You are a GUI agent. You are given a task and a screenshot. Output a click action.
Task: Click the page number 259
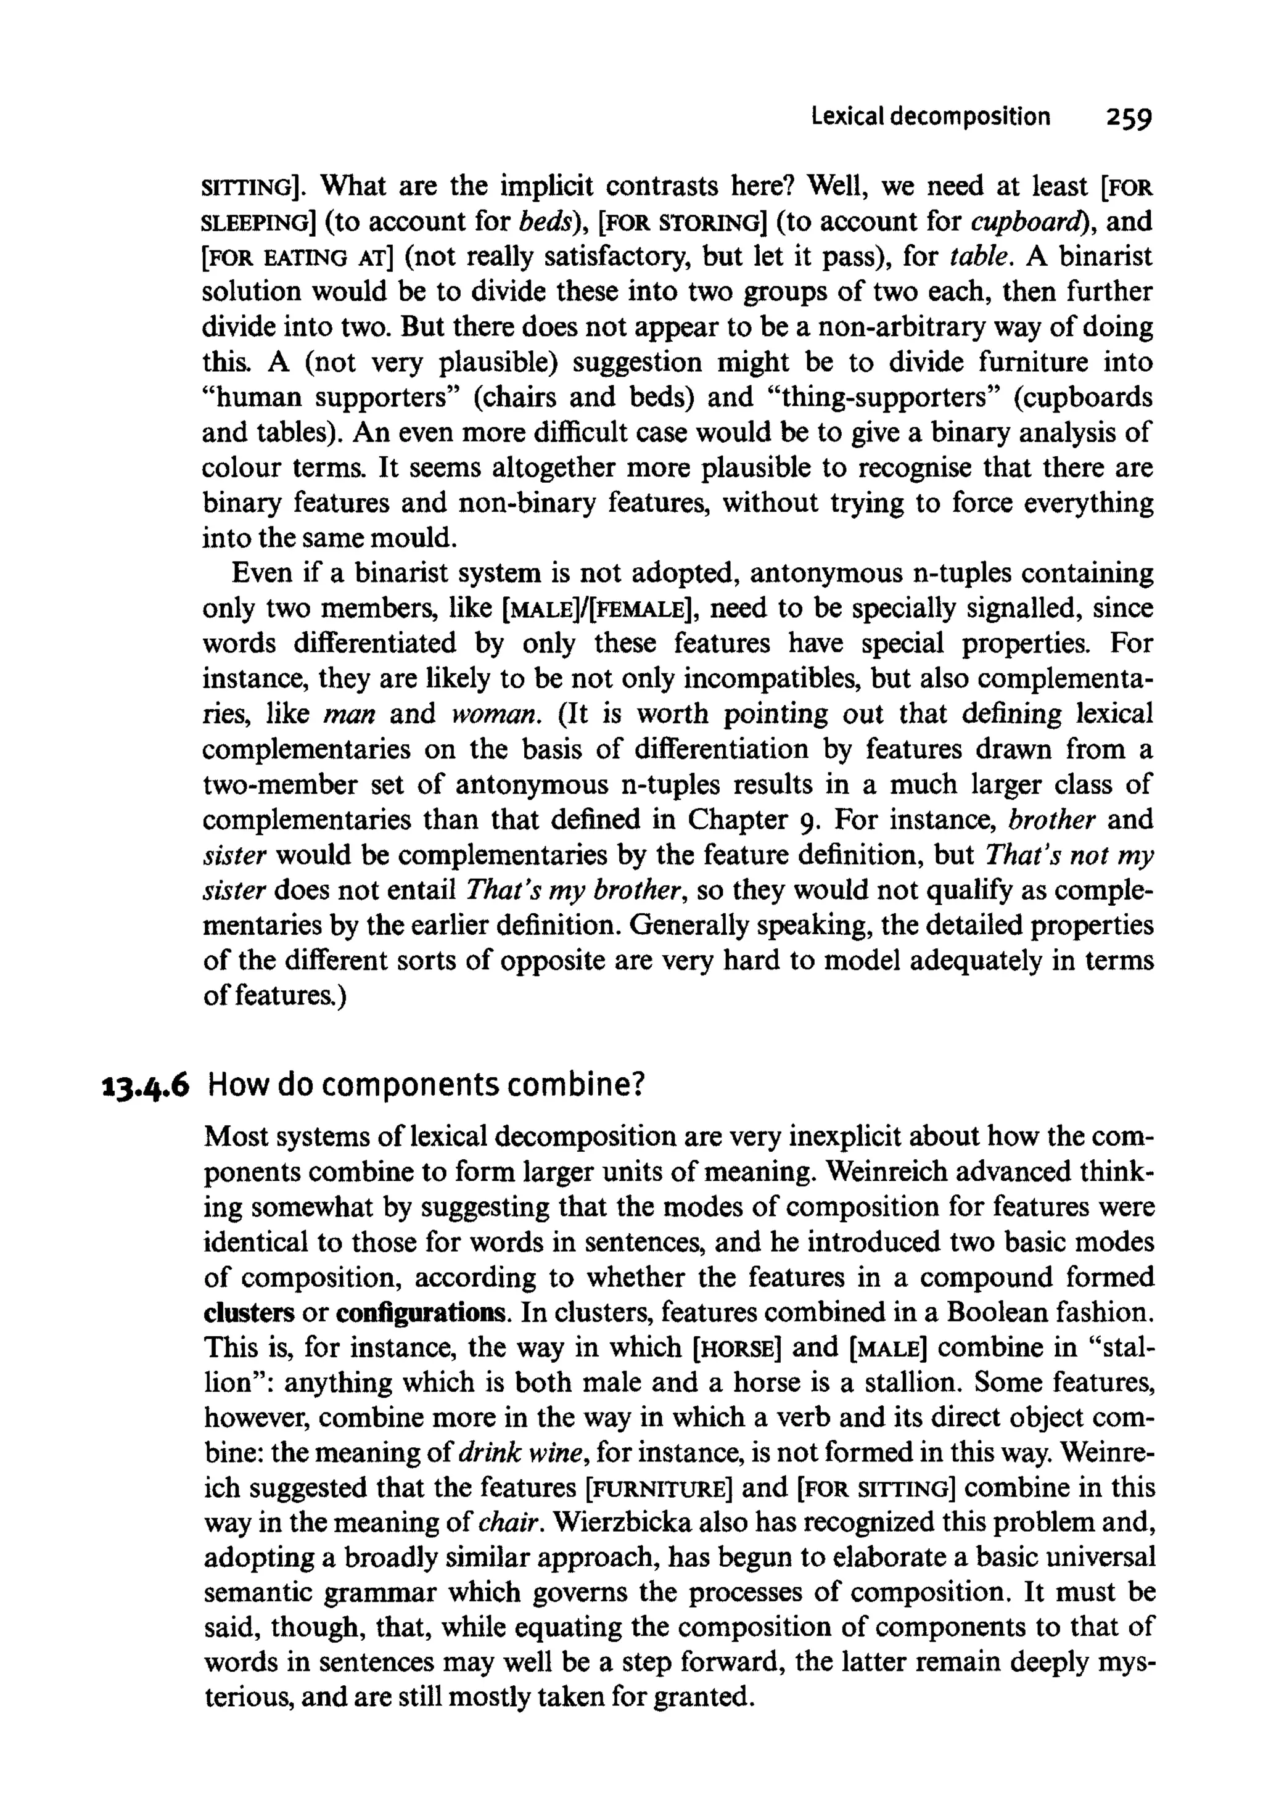point(1118,118)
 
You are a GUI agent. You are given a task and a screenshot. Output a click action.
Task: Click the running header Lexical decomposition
point(931,117)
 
